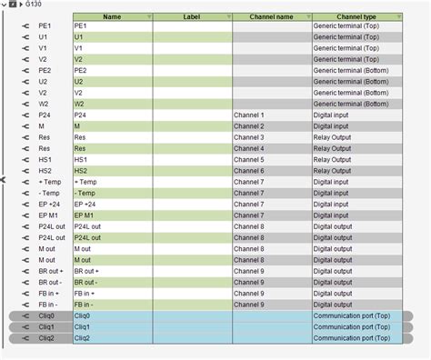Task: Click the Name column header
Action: tap(112, 16)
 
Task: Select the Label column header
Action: tap(191, 16)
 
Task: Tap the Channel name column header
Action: tap(271, 16)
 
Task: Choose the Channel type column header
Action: tap(356, 16)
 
